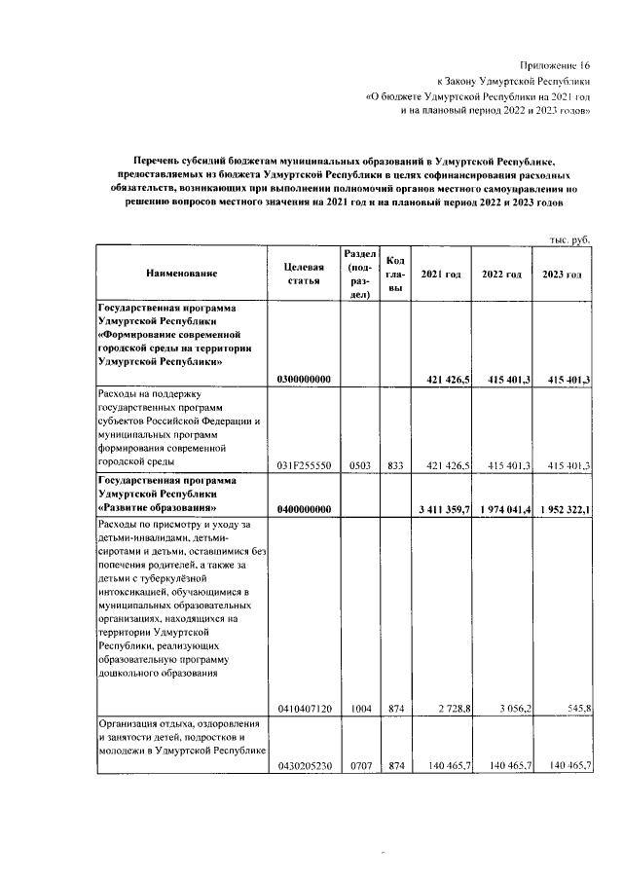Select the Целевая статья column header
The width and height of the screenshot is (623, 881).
tap(303, 274)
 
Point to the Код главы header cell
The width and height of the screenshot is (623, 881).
tap(395, 274)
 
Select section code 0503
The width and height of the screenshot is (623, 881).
tap(359, 466)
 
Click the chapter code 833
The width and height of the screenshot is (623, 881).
tap(395, 466)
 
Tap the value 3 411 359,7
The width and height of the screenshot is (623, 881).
tap(444, 509)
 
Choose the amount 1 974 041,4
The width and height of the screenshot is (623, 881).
tap(504, 509)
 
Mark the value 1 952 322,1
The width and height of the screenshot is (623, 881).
tap(564, 509)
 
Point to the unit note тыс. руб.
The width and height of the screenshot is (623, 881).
tap(570, 238)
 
